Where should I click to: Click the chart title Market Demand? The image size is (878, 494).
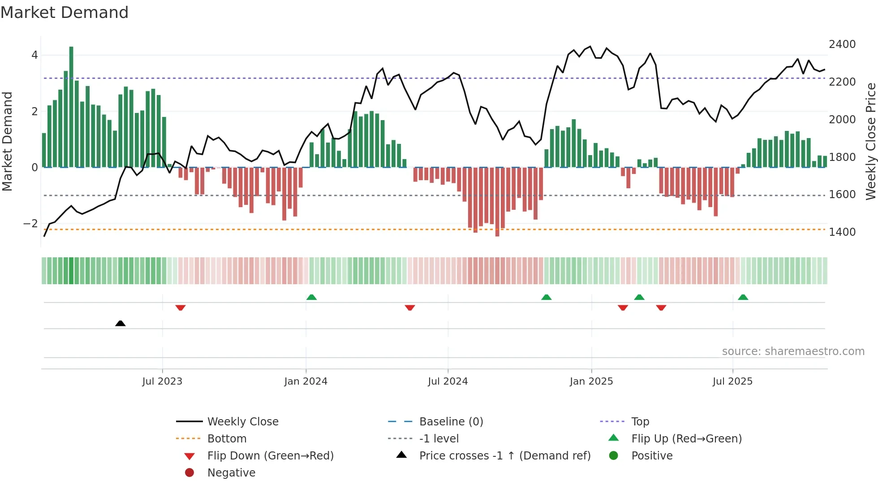pos(65,13)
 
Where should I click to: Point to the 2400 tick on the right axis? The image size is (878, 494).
pos(842,44)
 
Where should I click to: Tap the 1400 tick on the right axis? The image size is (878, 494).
pos(842,232)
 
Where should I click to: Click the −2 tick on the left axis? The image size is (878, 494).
pos(31,224)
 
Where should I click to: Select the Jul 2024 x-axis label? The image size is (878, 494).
pos(448,381)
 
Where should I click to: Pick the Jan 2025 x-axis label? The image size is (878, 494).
pos(591,381)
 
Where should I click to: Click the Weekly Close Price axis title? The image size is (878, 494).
pos(870,141)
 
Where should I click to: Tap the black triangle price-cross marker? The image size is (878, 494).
pos(120,323)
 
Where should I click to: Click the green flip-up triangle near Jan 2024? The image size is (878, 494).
pos(311,297)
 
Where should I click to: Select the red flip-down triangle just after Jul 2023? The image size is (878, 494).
pos(181,308)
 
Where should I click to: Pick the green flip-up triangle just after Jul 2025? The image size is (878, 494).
pos(743,297)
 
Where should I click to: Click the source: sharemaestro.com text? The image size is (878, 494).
pos(793,351)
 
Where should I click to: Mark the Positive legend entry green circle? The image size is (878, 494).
pos(614,456)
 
